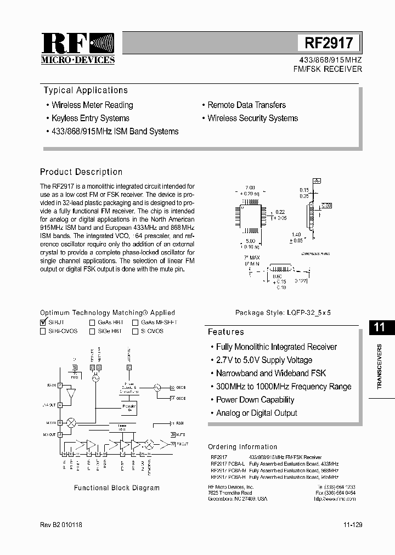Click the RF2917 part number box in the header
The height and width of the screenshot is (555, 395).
(329, 43)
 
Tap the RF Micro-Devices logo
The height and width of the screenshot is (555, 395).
(78, 48)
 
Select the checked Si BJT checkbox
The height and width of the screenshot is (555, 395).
(43, 322)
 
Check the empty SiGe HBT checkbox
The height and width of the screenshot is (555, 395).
(92, 331)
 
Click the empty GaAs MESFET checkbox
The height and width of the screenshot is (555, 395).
(135, 322)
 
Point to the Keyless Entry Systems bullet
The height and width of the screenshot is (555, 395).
(91, 118)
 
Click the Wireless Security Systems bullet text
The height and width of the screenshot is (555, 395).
(252, 118)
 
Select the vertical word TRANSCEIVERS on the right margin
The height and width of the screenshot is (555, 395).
(380, 366)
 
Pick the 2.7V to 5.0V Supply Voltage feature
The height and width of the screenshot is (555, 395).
(264, 360)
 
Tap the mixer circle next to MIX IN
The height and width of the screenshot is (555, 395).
(71, 423)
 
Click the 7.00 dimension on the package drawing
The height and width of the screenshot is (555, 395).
(250, 188)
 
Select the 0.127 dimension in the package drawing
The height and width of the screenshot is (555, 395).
(300, 281)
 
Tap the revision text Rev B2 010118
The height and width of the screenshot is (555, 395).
(61, 525)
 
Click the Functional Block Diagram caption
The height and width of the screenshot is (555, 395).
(117, 488)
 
